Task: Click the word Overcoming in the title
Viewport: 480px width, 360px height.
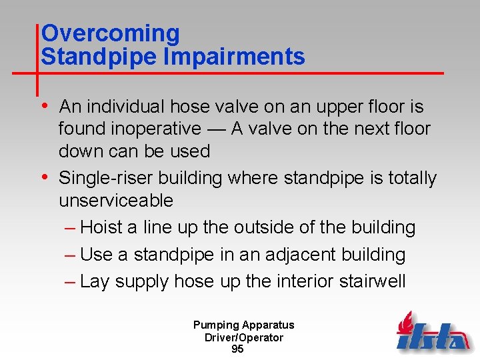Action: (110, 33)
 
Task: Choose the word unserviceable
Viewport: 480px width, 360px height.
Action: (116, 201)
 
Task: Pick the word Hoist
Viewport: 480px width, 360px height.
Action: (101, 227)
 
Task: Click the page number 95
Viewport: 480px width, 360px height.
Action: (237, 349)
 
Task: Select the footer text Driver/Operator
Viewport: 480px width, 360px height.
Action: (243, 337)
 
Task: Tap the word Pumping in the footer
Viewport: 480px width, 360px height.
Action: (215, 325)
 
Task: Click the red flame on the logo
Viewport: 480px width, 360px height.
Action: (404, 325)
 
